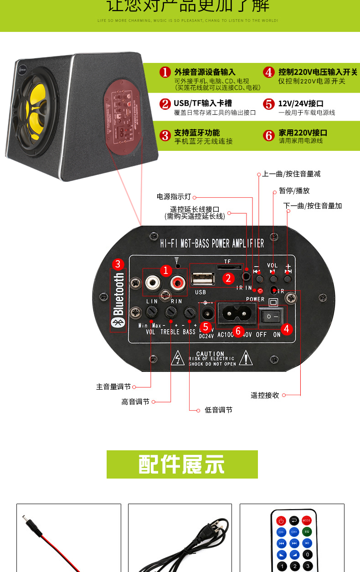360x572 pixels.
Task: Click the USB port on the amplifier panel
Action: click(200, 278)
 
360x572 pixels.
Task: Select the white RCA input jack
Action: click(152, 284)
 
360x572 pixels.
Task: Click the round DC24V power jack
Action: click(207, 314)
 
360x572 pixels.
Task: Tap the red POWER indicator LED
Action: click(260, 291)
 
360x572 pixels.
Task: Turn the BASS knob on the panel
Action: click(189, 313)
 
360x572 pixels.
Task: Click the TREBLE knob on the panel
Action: click(171, 312)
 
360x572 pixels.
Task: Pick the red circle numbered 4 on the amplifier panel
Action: click(286, 329)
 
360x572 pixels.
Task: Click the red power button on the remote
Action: click(281, 520)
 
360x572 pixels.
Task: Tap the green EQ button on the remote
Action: click(307, 531)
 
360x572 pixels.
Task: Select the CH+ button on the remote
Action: click(294, 531)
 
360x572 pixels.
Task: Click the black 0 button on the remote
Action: click(308, 555)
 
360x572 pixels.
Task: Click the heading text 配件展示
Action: click(182, 464)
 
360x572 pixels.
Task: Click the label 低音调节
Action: click(218, 410)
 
